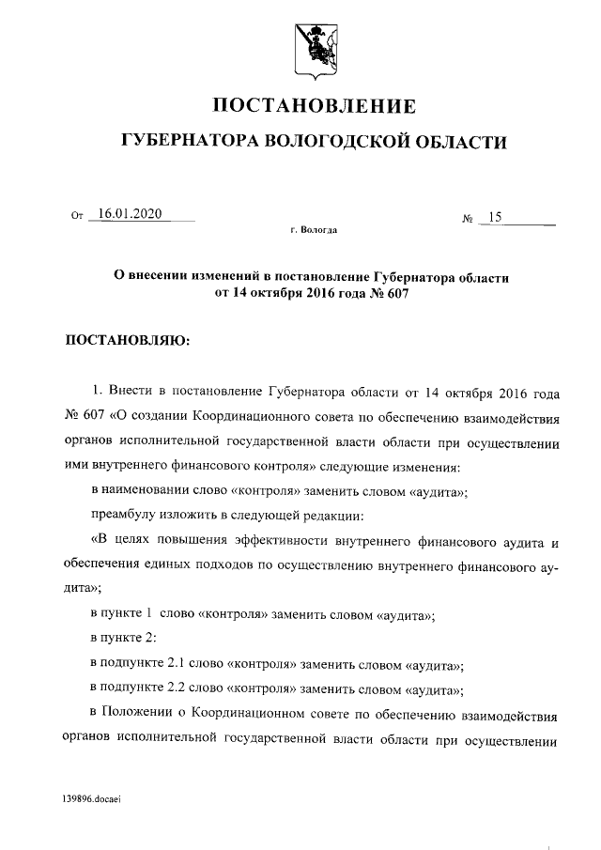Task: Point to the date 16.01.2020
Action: (x=130, y=213)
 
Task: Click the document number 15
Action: (x=493, y=218)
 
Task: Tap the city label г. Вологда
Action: (x=315, y=229)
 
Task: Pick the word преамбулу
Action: (x=125, y=517)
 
